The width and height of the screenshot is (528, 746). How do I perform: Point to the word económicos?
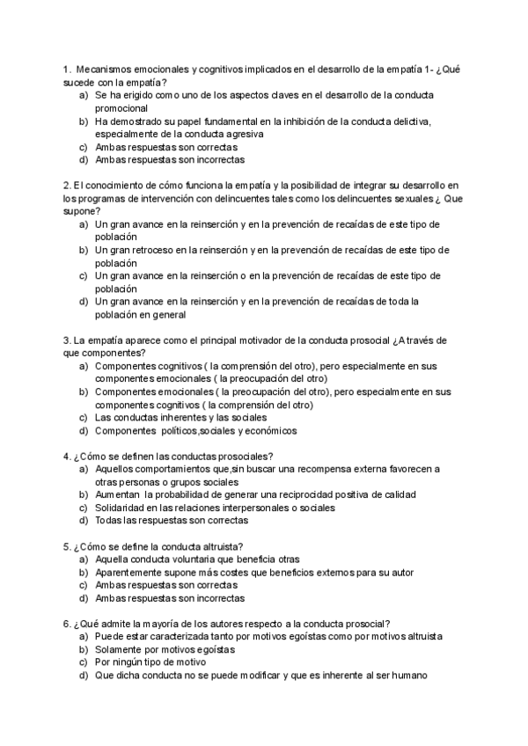click(271, 431)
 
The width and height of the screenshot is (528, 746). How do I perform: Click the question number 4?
click(68, 456)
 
